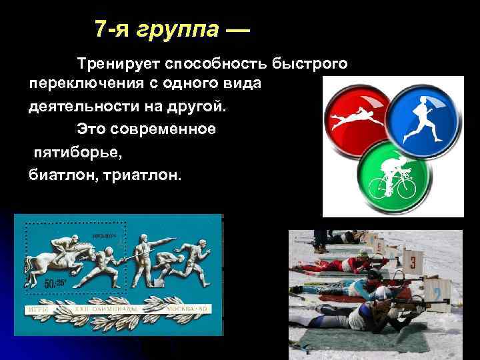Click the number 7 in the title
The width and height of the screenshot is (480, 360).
[101, 29]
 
